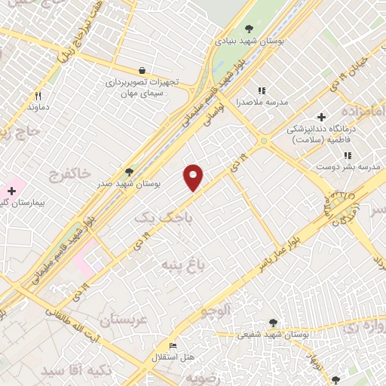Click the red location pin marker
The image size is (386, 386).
pyautogui.click(x=194, y=176)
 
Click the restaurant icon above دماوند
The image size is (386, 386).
pyautogui.click(x=38, y=96)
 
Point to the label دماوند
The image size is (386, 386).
pyautogui.click(x=38, y=108)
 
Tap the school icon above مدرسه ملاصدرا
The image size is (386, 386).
pyautogui.click(x=262, y=90)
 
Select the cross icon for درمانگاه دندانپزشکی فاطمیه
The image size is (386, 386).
pyautogui.click(x=321, y=117)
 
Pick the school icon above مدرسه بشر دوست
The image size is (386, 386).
pyautogui.click(x=347, y=155)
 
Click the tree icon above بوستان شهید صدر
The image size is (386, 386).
pyautogui.click(x=130, y=172)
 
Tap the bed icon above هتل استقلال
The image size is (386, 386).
pyautogui.click(x=173, y=346)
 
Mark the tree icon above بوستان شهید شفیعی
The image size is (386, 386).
pyautogui.click(x=272, y=322)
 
